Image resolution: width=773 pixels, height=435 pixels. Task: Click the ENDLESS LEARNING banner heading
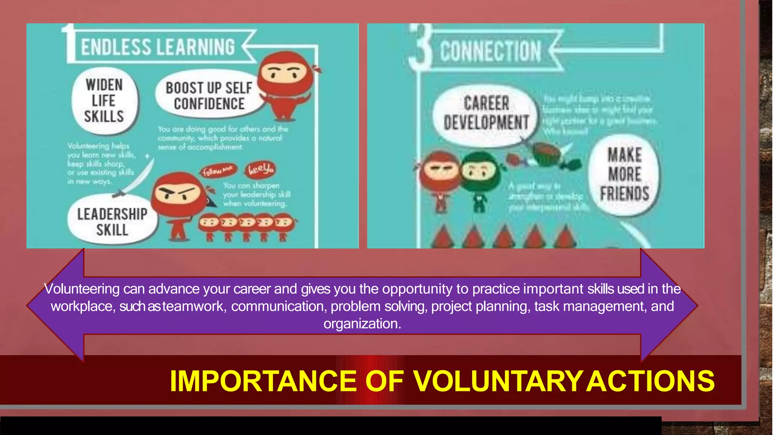point(158,47)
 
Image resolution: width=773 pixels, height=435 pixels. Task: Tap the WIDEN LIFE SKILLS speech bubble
point(104,101)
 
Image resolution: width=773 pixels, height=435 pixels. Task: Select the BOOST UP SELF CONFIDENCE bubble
point(209,96)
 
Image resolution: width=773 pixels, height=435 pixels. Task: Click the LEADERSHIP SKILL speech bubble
point(112,222)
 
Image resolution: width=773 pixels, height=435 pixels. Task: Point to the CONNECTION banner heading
point(490,51)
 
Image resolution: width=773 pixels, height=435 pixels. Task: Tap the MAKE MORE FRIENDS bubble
point(625,175)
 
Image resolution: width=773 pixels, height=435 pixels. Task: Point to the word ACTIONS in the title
point(650,381)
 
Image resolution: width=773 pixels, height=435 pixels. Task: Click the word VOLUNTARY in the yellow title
point(497,381)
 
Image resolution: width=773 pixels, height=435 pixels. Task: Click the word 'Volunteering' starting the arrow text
point(82,289)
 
